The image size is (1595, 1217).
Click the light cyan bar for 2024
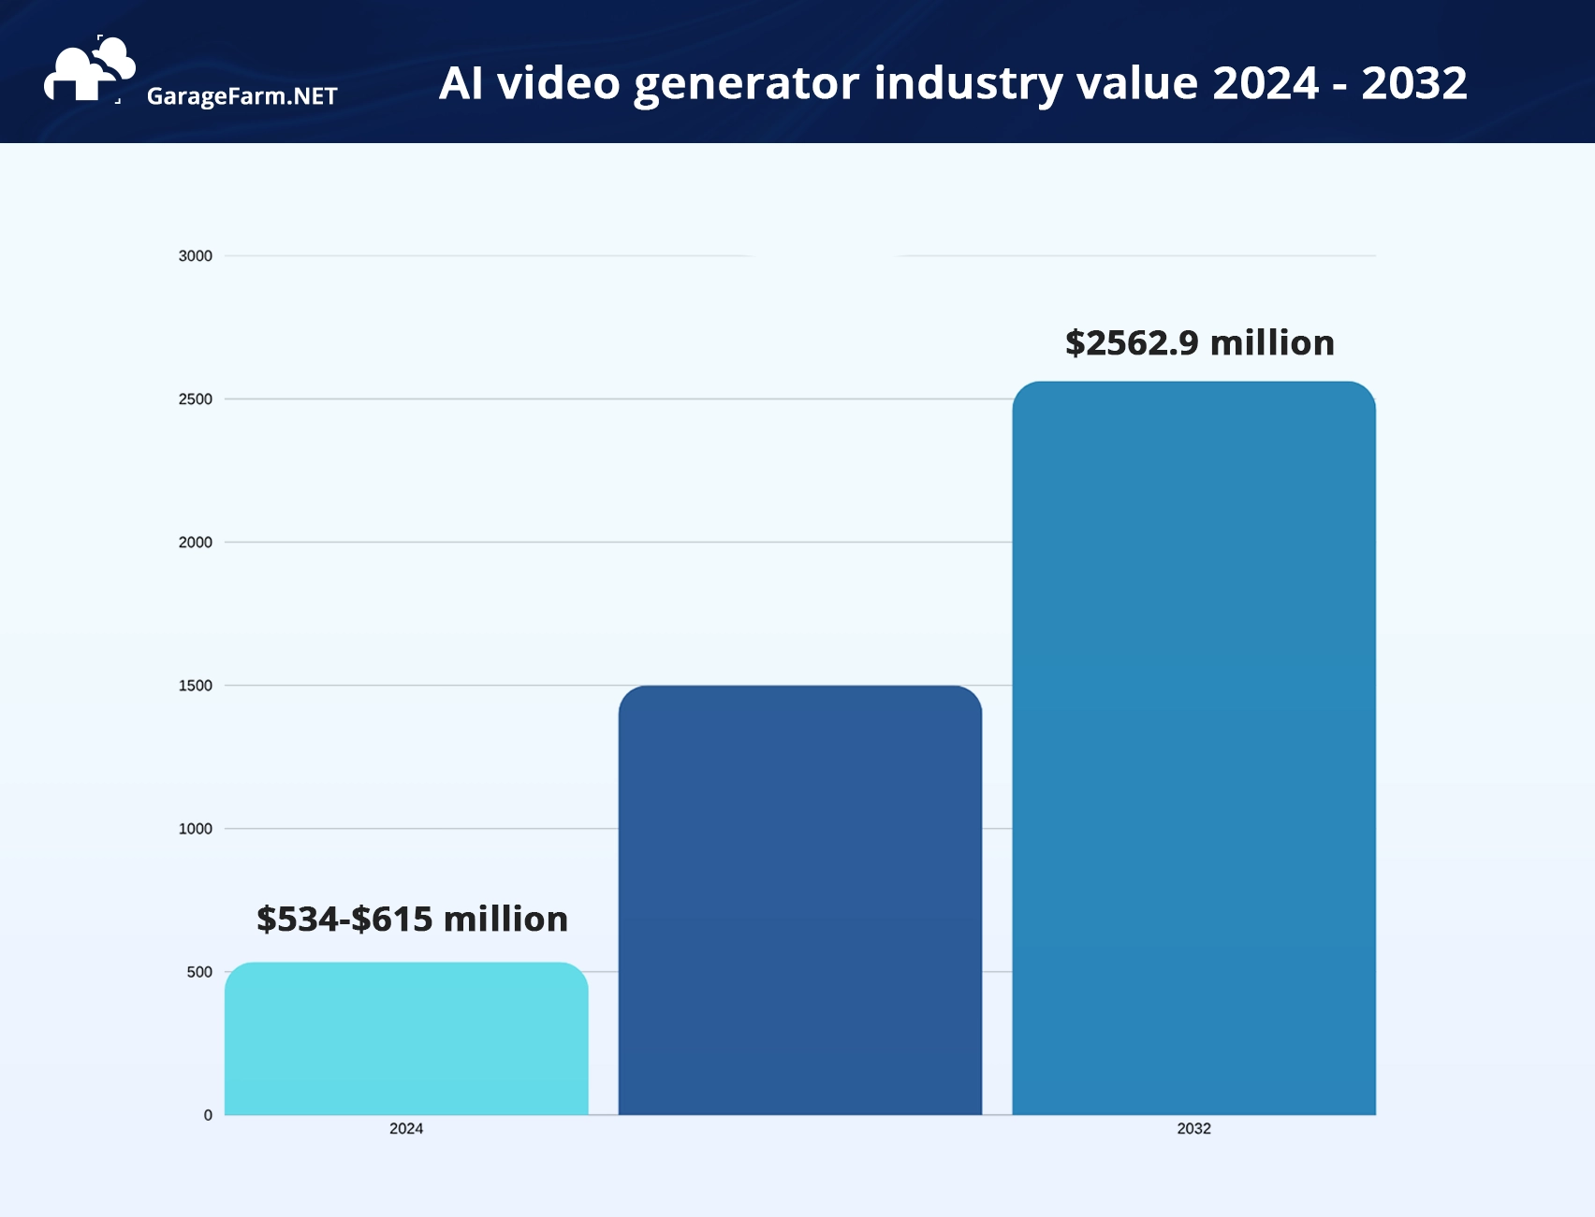point(406,1038)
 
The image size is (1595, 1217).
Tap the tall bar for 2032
point(1193,748)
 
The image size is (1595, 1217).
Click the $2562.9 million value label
point(1199,343)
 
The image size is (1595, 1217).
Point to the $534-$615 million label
point(412,920)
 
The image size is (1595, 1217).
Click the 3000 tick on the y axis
point(195,256)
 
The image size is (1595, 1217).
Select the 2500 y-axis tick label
point(195,399)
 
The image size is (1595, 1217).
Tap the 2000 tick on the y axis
point(195,543)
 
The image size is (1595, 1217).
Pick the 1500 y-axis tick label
point(195,686)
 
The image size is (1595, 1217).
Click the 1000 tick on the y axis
point(195,829)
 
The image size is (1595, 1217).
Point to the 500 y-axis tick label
point(198,972)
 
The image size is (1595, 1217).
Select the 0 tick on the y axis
point(208,1115)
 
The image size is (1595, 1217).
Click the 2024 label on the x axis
point(406,1129)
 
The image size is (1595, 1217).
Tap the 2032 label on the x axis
point(1193,1129)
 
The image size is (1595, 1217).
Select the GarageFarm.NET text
point(241,96)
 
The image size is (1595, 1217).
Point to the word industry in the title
point(968,84)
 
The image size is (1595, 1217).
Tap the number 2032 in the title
point(1413,83)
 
